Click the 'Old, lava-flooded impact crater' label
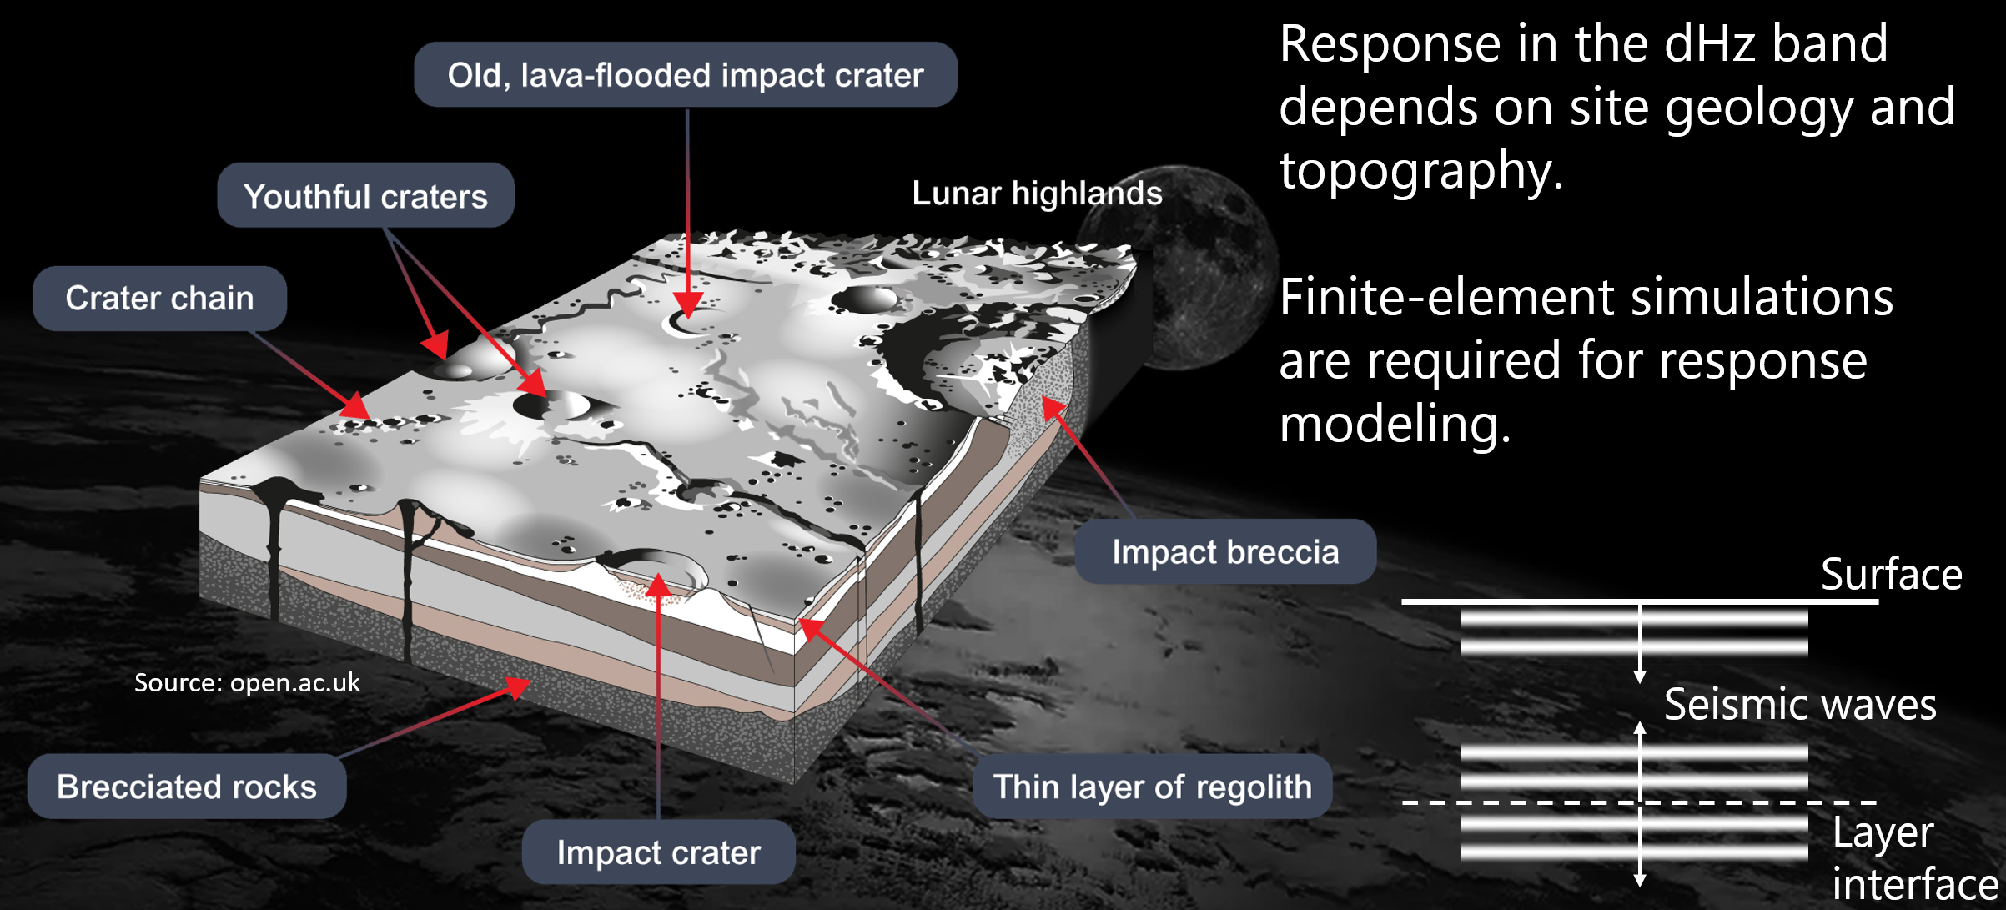tap(686, 75)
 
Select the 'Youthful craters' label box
tap(365, 196)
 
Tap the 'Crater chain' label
tap(159, 299)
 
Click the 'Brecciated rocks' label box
tap(187, 787)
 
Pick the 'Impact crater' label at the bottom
tap(658, 852)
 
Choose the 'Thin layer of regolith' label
tap(1152, 787)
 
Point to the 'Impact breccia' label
tap(1225, 552)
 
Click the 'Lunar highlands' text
tap(1037, 194)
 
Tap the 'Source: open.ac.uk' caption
tap(247, 683)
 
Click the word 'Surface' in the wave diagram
tap(1891, 574)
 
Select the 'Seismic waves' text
tap(1800, 705)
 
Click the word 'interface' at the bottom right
tap(1915, 884)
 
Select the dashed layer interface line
tap(1639, 802)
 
